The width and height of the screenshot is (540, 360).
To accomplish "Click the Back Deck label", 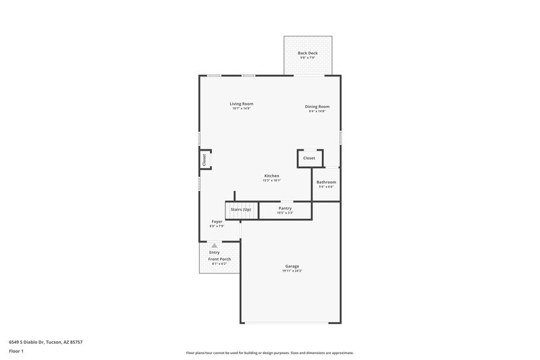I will [308, 53].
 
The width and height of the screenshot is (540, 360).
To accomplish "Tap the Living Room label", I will [241, 103].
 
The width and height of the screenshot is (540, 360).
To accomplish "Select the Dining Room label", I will [317, 106].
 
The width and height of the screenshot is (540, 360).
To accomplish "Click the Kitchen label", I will [271, 176].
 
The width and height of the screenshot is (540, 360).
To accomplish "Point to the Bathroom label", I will [326, 182].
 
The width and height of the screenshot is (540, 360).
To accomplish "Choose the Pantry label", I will [285, 208].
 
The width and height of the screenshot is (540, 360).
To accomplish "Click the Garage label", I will [292, 266].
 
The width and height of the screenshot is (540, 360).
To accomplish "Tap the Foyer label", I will [217, 221].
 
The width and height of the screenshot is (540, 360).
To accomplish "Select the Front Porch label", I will [219, 259].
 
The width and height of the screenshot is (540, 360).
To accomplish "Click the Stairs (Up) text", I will [241, 209].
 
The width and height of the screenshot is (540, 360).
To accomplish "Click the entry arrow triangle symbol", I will [215, 246].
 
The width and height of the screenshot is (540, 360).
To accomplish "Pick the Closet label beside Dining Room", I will [309, 158].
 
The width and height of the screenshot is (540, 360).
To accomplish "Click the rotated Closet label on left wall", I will [204, 159].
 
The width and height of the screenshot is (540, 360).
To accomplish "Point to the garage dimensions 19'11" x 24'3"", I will [292, 271].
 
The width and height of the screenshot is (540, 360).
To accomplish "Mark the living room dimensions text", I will [241, 108].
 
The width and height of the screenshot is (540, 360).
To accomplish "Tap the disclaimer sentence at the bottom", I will [269, 353].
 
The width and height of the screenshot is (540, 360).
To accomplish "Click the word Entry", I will [214, 253].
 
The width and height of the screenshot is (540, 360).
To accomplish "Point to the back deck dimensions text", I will [308, 57].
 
